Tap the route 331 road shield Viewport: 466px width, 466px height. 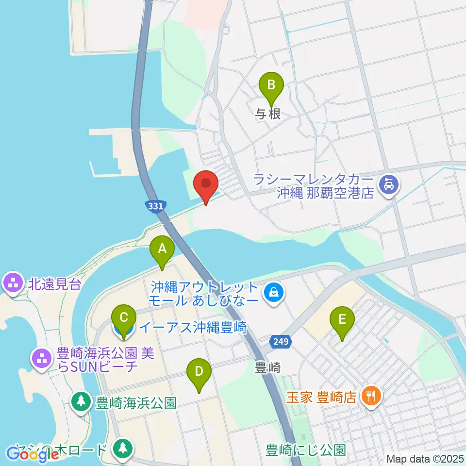tap(155, 206)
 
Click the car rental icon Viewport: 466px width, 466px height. tap(390, 184)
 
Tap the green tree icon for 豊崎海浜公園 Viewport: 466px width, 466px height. tap(81, 401)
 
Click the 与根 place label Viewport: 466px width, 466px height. tap(268, 114)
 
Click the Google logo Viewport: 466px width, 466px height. tap(33, 454)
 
